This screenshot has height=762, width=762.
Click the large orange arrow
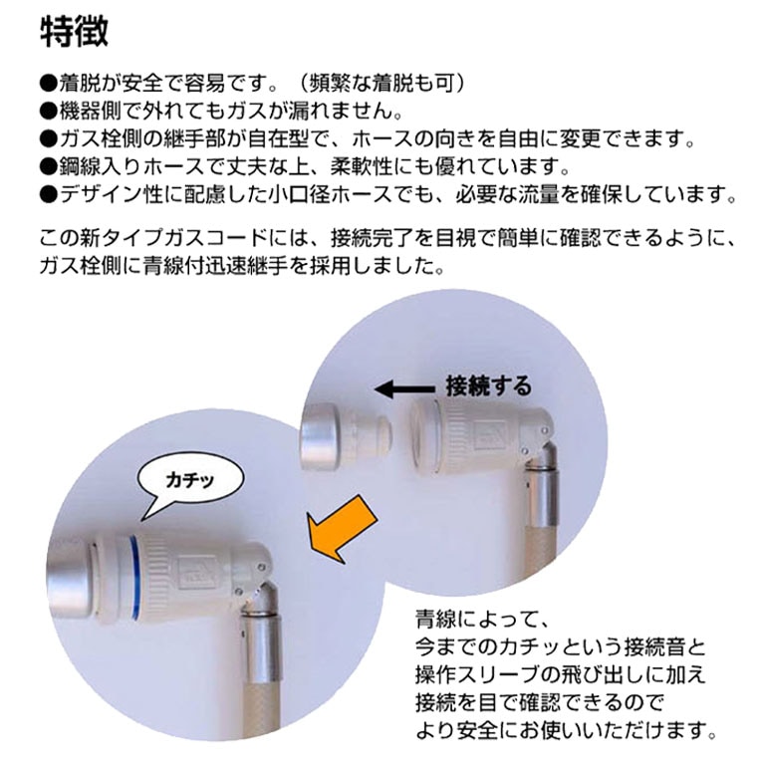pos(342,529)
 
